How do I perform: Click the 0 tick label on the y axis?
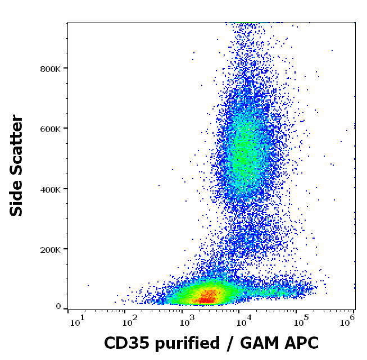click(58, 307)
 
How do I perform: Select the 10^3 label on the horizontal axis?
click(187, 322)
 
